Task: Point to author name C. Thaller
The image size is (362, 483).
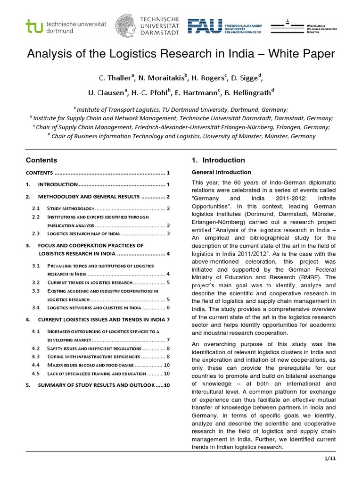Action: pyautogui.click(x=115, y=77)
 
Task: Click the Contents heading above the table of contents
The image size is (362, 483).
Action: pyautogui.click(x=41, y=160)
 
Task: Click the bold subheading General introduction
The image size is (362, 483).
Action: pyautogui.click(x=221, y=172)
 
